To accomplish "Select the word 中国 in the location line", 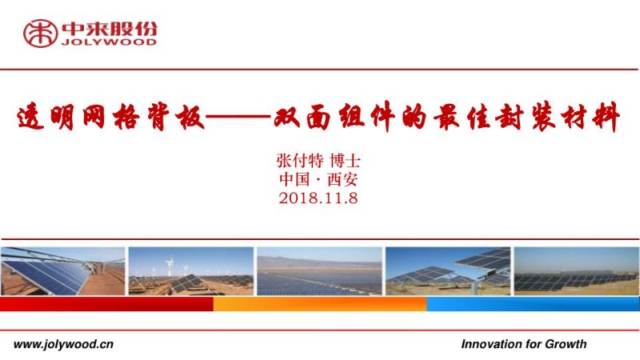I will coord(292,179).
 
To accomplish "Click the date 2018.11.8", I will coord(318,198).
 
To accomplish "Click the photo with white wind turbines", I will coord(190,271).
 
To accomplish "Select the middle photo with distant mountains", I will coord(319,271).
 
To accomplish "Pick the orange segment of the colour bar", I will coord(319,304).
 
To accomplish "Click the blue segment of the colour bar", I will coord(533,304).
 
